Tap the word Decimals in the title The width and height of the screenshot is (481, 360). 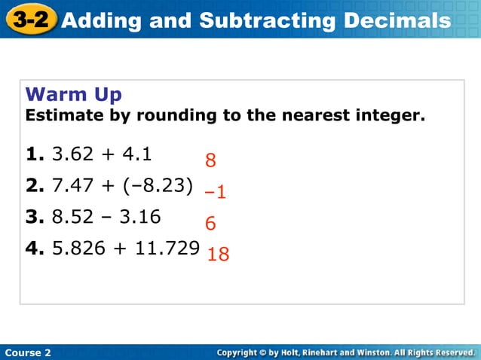click(397, 20)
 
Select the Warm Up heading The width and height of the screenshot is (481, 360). click(74, 95)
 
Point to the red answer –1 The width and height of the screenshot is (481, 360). click(216, 193)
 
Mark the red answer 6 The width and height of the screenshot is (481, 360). click(210, 224)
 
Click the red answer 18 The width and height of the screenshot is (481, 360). click(218, 255)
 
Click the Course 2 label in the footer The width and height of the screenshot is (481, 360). click(27, 352)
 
